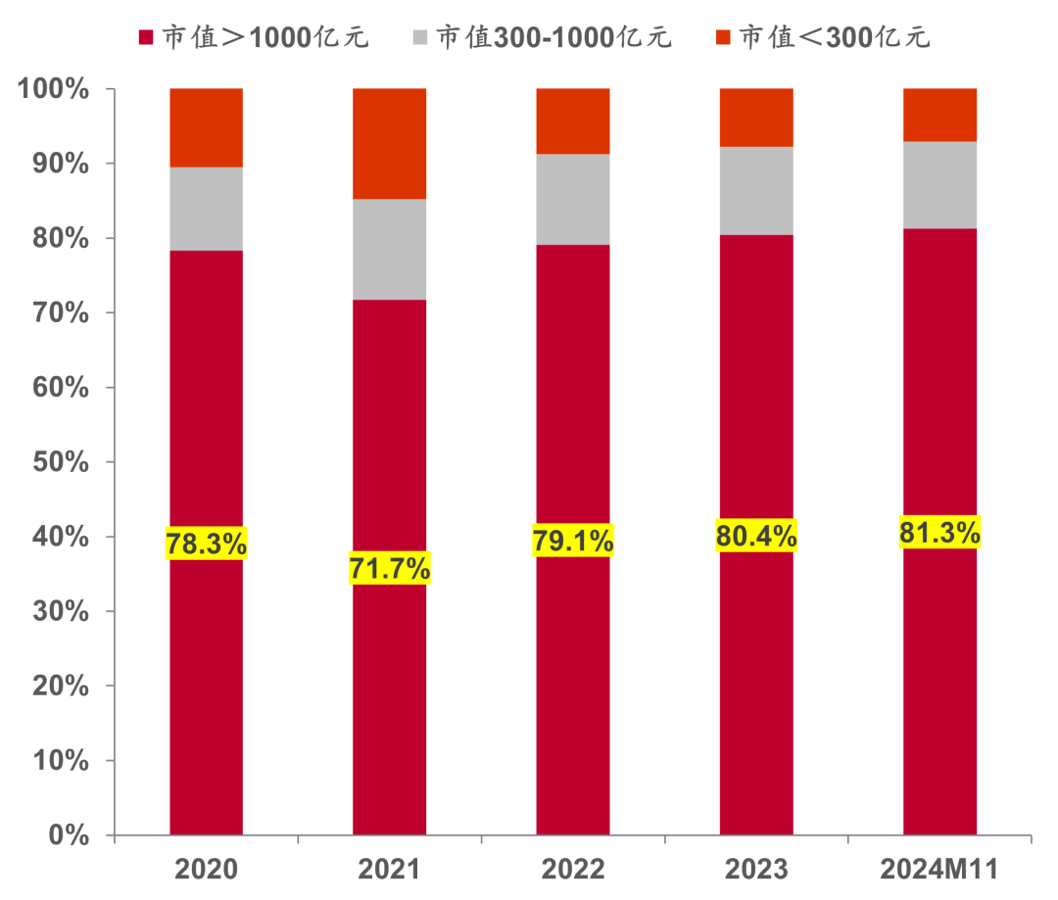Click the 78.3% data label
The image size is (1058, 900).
coord(206,544)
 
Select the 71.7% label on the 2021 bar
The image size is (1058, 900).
coord(389,568)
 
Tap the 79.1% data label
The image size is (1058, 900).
coord(573,540)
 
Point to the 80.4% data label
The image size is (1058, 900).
coord(756,535)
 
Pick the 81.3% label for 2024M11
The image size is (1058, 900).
coord(939,532)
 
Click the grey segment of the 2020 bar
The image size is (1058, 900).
coord(206,209)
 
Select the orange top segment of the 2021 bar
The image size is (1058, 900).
coord(389,143)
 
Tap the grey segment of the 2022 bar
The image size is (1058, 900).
coord(573,199)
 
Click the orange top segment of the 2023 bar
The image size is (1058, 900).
coord(756,118)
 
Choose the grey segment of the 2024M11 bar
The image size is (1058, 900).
coord(939,185)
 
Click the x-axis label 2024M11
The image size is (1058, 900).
coord(939,869)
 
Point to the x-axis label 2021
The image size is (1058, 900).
coord(389,869)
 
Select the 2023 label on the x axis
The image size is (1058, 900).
coord(756,869)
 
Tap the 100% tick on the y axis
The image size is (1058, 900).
coord(54,89)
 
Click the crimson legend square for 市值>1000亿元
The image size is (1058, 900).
coord(146,38)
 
